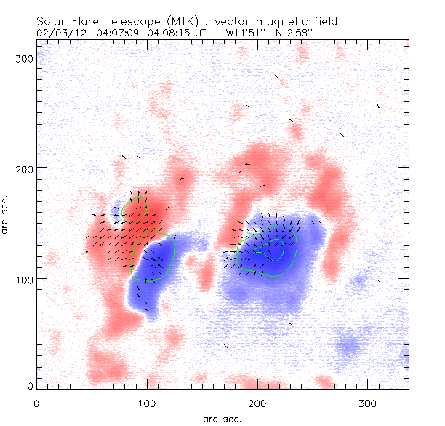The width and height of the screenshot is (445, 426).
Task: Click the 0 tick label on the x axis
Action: coord(37,402)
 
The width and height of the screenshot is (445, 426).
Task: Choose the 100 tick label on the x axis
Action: coord(148,402)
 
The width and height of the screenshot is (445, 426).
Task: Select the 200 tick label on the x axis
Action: coord(258,402)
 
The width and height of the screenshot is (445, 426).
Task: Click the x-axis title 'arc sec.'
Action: coord(221,418)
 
